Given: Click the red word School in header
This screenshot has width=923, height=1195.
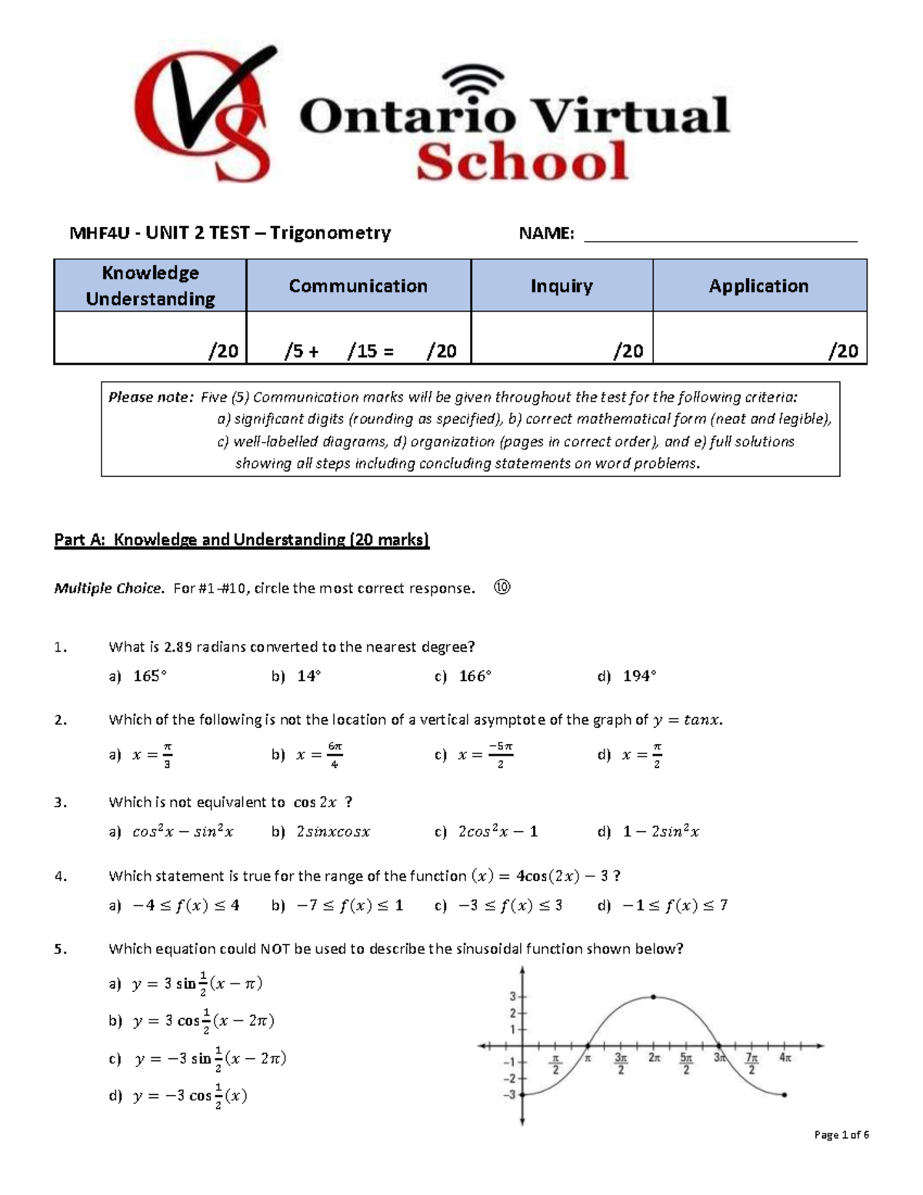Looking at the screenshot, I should [522, 162].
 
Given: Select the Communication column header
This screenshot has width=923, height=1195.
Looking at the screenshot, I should [358, 285].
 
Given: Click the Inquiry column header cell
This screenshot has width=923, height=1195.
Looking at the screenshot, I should [561, 285].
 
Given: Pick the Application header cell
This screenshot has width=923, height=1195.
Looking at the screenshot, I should [758, 285].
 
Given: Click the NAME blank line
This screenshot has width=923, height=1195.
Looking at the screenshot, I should [720, 234].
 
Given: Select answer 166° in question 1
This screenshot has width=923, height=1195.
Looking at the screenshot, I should [474, 676].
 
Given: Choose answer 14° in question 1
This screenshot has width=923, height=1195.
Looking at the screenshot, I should [308, 676].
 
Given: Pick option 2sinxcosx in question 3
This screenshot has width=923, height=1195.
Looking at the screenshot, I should [332, 832].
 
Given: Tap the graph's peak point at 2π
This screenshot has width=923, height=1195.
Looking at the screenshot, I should [653, 996].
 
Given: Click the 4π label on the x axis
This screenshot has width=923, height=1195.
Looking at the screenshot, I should [785, 1058].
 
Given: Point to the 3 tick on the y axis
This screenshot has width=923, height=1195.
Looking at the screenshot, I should [512, 996].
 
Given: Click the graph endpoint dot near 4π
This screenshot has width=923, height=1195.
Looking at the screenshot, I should [784, 1094].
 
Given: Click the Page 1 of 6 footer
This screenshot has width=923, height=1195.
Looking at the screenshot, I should [841, 1135].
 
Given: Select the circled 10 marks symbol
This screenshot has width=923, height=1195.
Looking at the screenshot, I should [501, 588].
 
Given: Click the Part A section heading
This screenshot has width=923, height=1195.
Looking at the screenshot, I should [241, 539].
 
